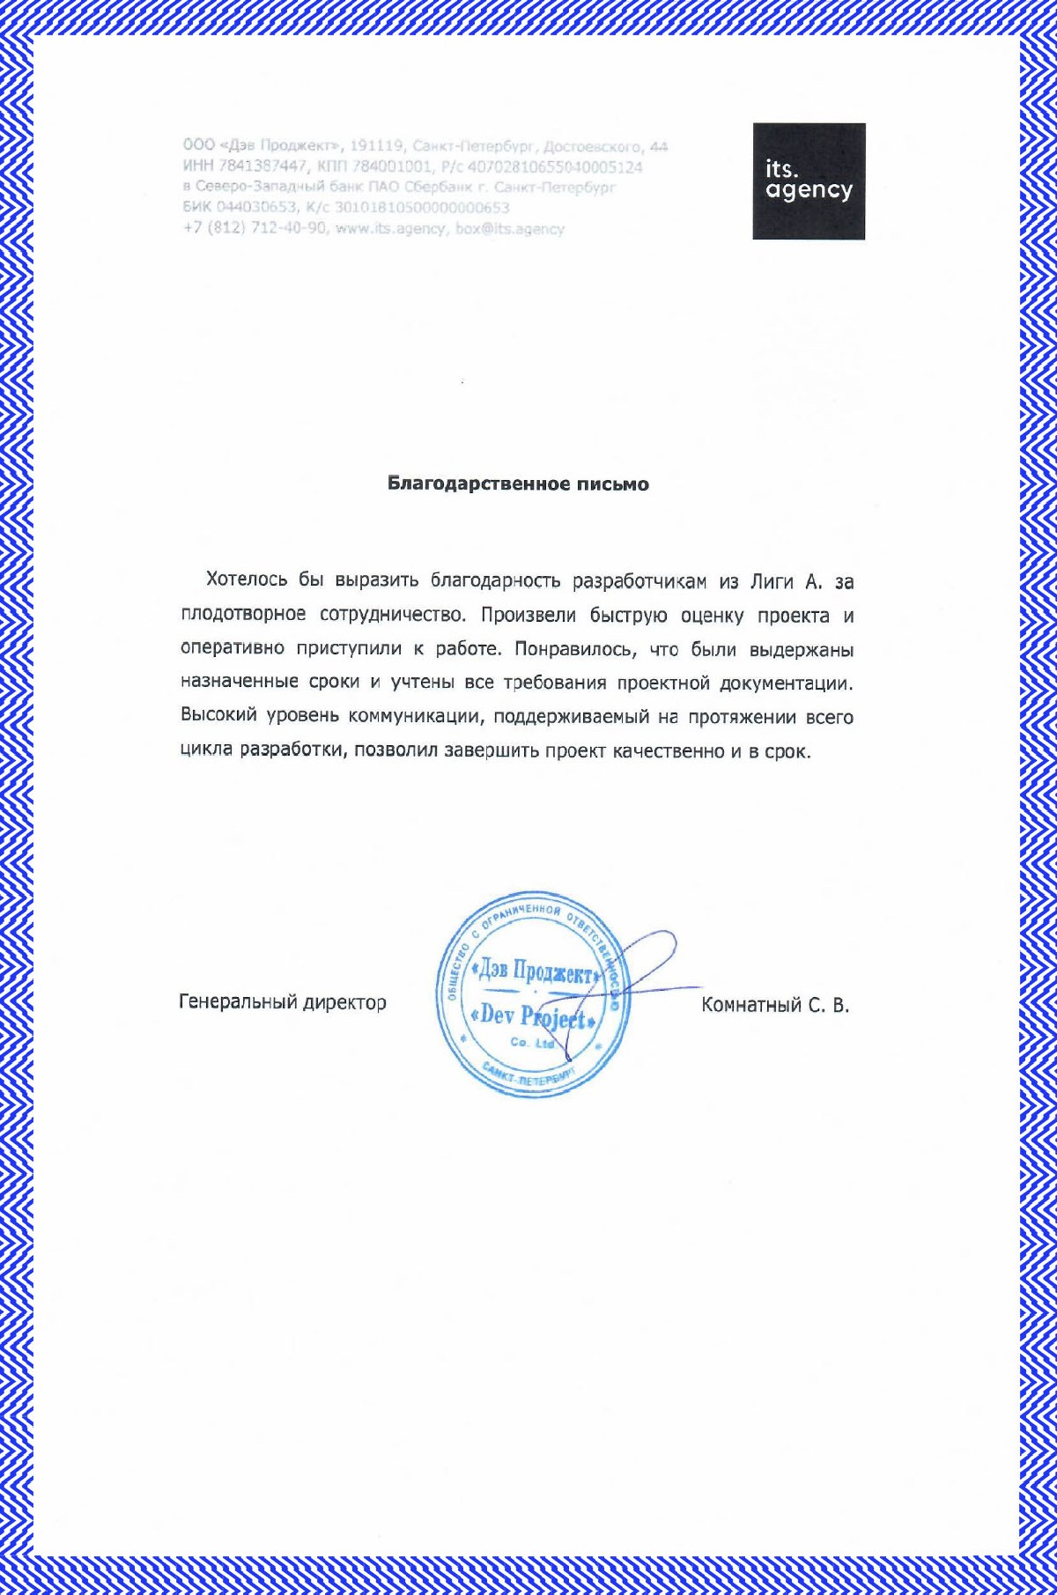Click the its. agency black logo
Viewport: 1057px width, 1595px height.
coord(809,181)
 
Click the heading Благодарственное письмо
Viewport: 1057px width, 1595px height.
coord(518,484)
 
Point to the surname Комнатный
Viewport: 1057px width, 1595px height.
coord(750,1005)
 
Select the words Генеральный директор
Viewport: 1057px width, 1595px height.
coord(283,1002)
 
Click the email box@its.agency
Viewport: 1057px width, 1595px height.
coord(510,229)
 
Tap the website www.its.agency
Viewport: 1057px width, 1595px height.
coord(390,229)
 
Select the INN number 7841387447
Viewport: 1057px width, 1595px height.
coord(263,166)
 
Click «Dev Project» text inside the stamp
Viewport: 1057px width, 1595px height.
coord(535,1016)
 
